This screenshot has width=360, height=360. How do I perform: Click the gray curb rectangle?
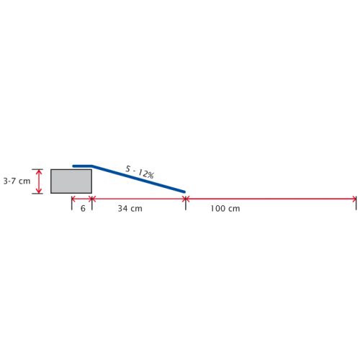coord(71,181)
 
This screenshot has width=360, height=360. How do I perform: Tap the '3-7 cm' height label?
coord(17,181)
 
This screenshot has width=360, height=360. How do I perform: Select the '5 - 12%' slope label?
coord(140,172)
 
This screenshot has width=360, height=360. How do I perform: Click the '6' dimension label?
coord(83,208)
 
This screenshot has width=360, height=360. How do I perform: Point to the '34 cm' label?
coord(130,208)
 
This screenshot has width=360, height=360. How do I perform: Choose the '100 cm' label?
coord(225,208)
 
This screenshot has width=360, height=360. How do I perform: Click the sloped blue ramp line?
coord(138,179)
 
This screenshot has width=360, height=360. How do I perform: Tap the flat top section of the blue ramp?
coord(82,166)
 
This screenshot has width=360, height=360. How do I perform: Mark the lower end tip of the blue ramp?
coord(184,192)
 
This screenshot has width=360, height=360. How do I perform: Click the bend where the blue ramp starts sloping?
coord(92,166)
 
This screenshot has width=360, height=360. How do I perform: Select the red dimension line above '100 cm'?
coord(271,199)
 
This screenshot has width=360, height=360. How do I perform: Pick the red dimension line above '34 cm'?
coord(139,199)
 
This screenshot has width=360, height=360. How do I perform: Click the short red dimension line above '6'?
coord(82,199)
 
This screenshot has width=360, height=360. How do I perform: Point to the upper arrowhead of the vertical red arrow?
coord(39,171)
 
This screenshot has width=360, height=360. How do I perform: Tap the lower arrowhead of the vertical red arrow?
coord(39,191)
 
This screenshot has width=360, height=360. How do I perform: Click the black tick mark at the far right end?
coord(356,203)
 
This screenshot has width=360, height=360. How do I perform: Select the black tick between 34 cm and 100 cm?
coord(186,203)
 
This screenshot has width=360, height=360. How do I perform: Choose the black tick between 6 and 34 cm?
coord(92,203)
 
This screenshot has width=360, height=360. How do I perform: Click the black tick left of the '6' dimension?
coord(71,203)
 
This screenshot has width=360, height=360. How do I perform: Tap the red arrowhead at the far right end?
coord(354,199)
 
